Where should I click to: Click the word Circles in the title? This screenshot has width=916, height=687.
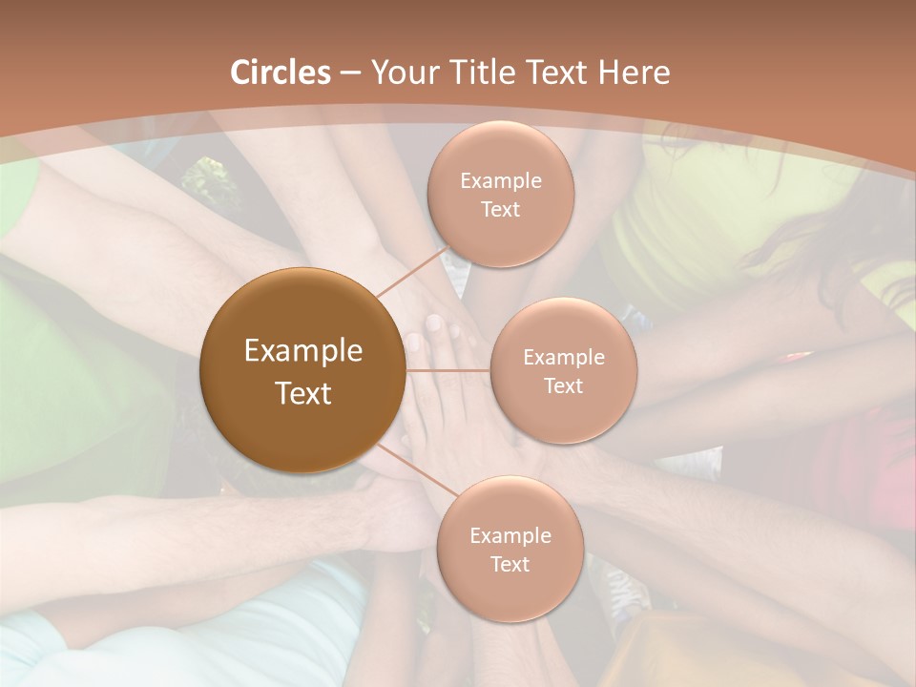pyautogui.click(x=281, y=73)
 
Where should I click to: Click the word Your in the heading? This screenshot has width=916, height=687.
pyautogui.click(x=400, y=73)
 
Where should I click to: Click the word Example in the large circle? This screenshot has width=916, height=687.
pyautogui.click(x=303, y=351)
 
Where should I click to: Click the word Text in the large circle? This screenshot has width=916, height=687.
pyautogui.click(x=303, y=393)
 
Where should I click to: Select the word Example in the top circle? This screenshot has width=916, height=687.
pyautogui.click(x=501, y=181)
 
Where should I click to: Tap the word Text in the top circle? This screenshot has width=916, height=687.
pyautogui.click(x=501, y=210)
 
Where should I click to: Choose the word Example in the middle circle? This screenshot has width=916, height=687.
pyautogui.click(x=564, y=358)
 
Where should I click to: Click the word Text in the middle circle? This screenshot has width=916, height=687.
pyautogui.click(x=564, y=386)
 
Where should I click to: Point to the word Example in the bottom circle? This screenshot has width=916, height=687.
pyautogui.click(x=510, y=536)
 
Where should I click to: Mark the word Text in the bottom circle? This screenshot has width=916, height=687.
pyautogui.click(x=510, y=565)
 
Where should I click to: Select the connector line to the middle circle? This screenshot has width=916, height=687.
pyautogui.click(x=448, y=370)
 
